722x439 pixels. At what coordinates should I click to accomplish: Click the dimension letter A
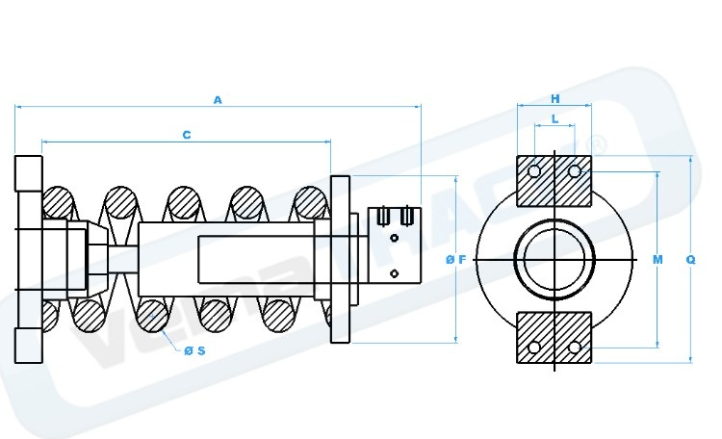coord(218,99)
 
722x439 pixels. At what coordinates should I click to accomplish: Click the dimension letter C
coord(186,136)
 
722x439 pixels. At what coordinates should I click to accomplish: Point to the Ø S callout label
coord(194,350)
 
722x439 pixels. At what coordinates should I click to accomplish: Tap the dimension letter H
coord(555,99)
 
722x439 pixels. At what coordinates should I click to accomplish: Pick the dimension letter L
coord(555,118)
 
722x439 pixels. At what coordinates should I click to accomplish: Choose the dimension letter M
coord(658,260)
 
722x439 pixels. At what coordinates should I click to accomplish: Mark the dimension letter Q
coord(690,260)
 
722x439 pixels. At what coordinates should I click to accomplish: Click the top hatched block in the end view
coord(555,180)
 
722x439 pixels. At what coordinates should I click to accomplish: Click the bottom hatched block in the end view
coord(555,337)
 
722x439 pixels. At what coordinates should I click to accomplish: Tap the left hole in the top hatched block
coord(534,171)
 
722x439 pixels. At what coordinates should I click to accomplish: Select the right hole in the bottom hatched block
coord(575,346)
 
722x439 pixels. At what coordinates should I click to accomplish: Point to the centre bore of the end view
coord(555,260)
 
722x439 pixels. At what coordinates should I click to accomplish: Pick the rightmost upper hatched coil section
coord(309,204)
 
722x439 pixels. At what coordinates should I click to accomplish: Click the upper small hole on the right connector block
coord(394,238)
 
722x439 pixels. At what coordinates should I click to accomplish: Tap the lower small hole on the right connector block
coord(394,273)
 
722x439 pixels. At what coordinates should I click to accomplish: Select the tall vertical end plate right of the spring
coord(339,260)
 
